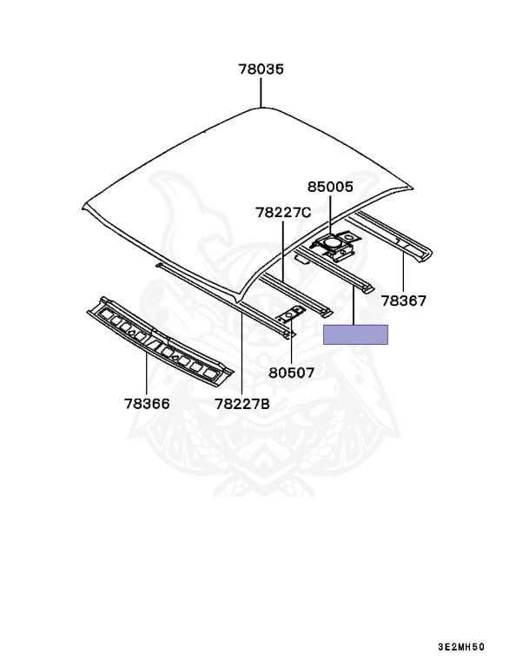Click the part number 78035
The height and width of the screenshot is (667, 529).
pyautogui.click(x=261, y=69)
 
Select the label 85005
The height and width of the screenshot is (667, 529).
pyautogui.click(x=331, y=187)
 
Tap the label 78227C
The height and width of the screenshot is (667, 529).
pyautogui.click(x=282, y=212)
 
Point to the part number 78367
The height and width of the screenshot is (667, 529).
pyautogui.click(x=404, y=300)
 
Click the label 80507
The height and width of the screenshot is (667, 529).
pyautogui.click(x=291, y=373)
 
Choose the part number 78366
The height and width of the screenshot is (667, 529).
pyautogui.click(x=146, y=403)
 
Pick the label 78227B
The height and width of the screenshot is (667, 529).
pyautogui.click(x=242, y=403)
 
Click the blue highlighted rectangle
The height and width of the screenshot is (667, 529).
pyautogui.click(x=355, y=334)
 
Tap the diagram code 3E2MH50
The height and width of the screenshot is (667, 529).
pyautogui.click(x=461, y=647)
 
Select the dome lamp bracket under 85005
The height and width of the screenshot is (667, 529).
pyautogui.click(x=332, y=245)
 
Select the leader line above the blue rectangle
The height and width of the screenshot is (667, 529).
pyautogui.click(x=355, y=309)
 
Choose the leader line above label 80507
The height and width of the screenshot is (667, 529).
pyautogui.click(x=291, y=347)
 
